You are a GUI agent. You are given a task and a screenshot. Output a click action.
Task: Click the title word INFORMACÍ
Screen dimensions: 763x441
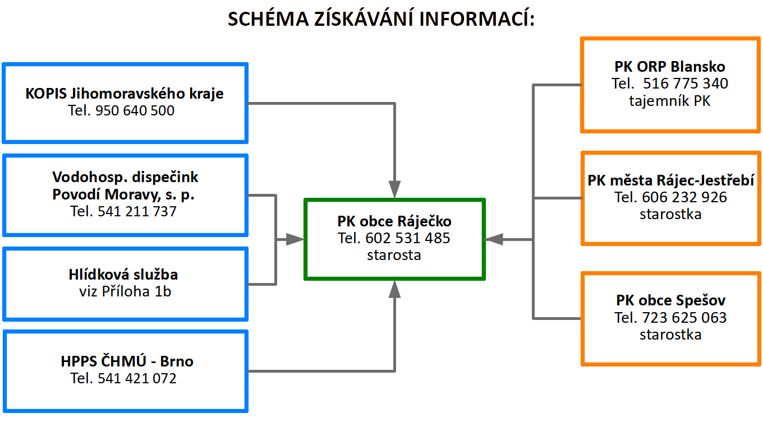coord(477,18)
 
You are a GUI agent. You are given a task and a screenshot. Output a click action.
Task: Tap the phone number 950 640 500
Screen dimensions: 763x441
coord(135,110)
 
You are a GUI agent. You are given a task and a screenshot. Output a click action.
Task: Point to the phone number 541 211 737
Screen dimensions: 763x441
coord(137,211)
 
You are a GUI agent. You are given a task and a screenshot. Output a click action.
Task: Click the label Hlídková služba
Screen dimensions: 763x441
coord(123,275)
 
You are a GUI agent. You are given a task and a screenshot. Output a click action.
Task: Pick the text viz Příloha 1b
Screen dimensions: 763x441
coord(125,291)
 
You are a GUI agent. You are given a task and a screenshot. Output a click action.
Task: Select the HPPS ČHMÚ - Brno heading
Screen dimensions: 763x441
coord(127,361)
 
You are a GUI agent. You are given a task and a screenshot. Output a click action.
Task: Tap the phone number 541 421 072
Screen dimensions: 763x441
coord(137,378)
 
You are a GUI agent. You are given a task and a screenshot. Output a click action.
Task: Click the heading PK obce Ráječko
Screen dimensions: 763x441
coord(394,221)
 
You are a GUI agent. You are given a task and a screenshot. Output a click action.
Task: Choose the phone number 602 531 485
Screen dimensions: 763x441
coord(408,238)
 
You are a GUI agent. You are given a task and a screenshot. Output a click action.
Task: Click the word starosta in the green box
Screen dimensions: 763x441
coord(394,255)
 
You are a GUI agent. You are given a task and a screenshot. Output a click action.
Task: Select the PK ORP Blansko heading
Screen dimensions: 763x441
coord(670,67)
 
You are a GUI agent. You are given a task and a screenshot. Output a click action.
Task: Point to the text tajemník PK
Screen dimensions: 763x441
coord(670,101)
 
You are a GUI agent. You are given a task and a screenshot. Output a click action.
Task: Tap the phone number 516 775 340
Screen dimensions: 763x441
coord(686,83)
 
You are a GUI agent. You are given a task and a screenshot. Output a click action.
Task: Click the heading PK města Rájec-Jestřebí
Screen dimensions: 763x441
coord(670,180)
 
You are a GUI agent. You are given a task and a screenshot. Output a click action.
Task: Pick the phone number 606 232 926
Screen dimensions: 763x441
coord(684,197)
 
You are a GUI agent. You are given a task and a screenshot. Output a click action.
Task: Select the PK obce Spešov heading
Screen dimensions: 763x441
coord(670,300)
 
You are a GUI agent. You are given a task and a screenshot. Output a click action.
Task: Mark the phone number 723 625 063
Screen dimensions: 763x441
coord(684,318)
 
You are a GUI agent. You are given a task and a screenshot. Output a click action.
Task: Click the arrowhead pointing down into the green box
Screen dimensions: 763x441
coord(394,189)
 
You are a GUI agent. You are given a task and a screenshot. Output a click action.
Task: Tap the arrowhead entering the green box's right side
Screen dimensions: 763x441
coord(494,240)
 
